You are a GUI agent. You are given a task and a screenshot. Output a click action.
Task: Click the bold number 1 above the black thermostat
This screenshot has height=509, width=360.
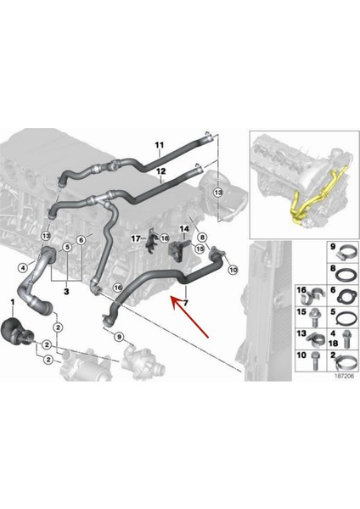click(13, 303)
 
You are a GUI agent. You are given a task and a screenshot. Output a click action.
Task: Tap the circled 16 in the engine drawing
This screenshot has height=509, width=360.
click(118, 288)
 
